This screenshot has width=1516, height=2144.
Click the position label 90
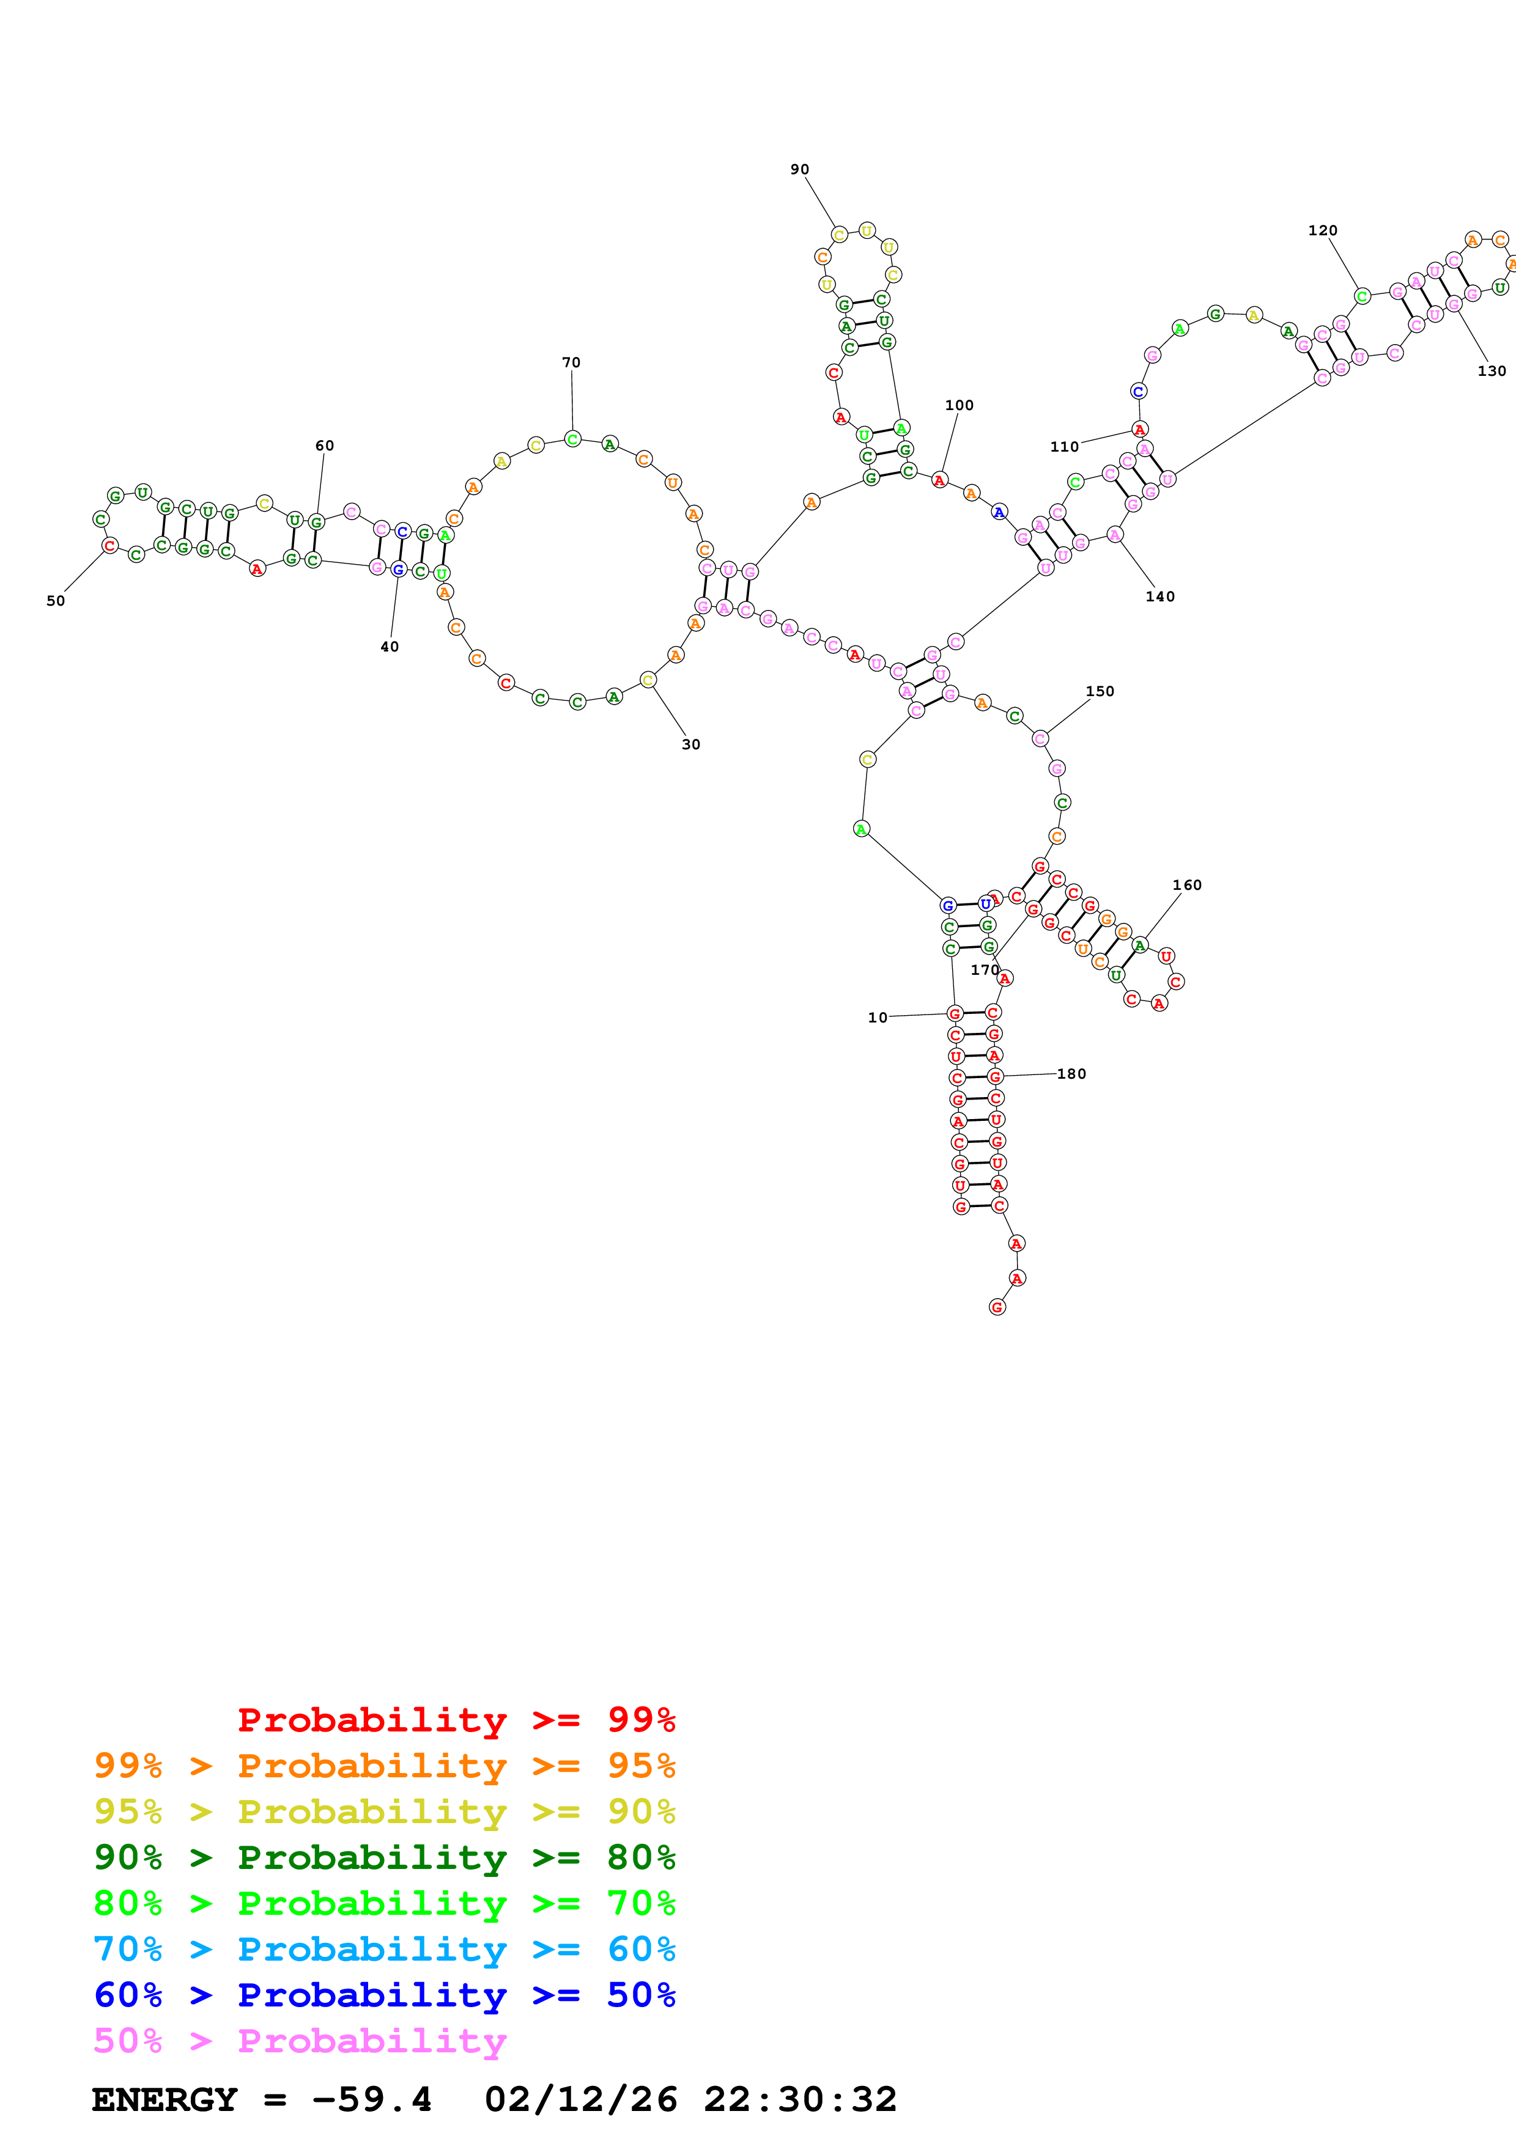click(x=799, y=169)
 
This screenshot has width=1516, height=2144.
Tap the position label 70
click(x=571, y=362)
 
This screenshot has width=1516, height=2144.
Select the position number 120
click(x=1322, y=230)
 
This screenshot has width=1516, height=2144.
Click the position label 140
click(x=1160, y=597)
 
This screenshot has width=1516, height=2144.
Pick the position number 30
click(x=690, y=744)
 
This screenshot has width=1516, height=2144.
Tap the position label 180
click(x=1071, y=1074)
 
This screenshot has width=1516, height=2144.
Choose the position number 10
click(x=877, y=1018)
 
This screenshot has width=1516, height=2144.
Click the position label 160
click(x=1186, y=885)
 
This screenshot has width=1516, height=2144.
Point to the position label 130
click(x=1492, y=371)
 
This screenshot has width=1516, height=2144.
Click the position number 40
click(x=390, y=646)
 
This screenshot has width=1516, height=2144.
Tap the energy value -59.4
click(x=372, y=2100)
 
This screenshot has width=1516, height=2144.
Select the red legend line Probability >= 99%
click(x=456, y=1719)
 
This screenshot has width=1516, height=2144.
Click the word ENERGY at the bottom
click(x=165, y=2100)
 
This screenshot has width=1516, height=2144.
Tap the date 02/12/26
click(x=581, y=2100)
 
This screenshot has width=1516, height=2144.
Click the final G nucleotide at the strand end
click(x=997, y=1307)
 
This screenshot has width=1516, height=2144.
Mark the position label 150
click(x=1100, y=692)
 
